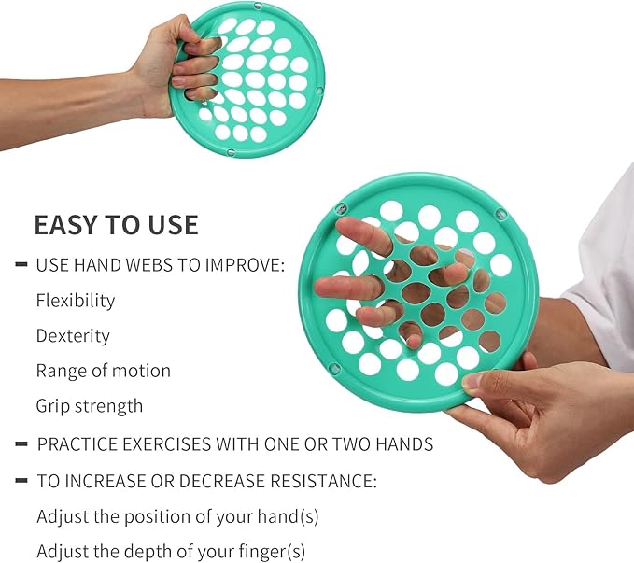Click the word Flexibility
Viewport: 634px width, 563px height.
coord(76,301)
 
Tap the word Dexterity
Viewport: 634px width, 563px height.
coord(73,336)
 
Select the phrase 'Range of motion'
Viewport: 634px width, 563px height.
coord(103,371)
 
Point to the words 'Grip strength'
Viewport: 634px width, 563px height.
coord(90,406)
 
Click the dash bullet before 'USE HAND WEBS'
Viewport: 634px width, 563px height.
coord(21,265)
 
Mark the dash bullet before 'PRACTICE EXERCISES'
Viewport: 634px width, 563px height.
coord(21,444)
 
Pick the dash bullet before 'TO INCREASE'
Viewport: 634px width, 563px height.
coord(21,482)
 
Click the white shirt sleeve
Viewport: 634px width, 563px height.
coord(608,261)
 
